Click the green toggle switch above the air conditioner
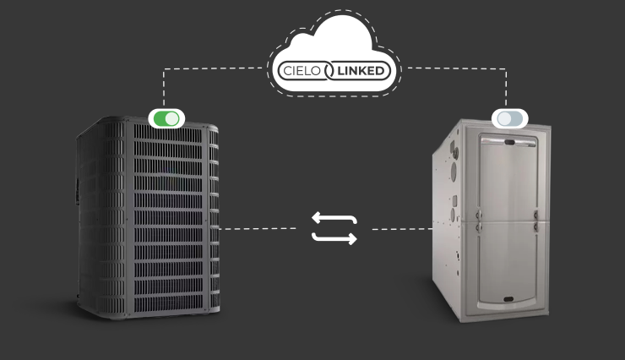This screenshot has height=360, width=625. tap(166, 118)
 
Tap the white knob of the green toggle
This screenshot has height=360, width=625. tap(172, 118)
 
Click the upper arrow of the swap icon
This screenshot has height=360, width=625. tap(334, 218)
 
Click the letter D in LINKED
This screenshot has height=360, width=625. tap(385, 70)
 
